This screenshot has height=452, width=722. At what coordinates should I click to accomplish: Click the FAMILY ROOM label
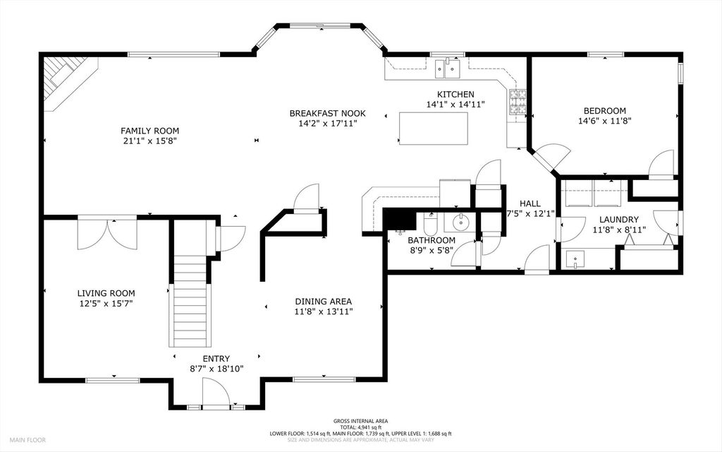(149, 131)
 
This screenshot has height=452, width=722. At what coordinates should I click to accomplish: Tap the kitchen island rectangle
(434, 129)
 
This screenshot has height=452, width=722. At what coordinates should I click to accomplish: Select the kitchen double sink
(448, 69)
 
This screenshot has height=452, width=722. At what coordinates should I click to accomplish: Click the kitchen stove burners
(518, 102)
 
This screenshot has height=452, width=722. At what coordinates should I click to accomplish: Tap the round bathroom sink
(460, 223)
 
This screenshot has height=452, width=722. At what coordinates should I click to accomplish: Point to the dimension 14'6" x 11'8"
(604, 121)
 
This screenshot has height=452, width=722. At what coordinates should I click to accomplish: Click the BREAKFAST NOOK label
(327, 114)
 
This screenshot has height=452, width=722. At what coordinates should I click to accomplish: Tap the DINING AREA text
(323, 302)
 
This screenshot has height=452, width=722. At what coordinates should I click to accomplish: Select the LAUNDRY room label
(619, 220)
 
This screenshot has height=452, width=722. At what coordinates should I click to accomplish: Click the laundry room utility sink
(575, 259)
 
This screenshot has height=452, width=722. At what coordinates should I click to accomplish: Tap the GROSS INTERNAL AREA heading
(360, 421)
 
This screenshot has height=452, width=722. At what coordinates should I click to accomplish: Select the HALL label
(530, 203)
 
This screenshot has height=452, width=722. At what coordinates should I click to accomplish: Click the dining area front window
(324, 379)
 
